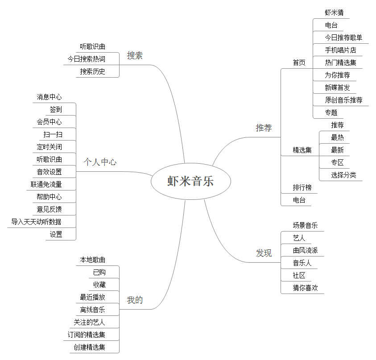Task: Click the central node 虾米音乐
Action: [190, 181]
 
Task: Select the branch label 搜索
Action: [135, 56]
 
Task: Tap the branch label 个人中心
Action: [100, 162]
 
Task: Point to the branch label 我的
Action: [135, 300]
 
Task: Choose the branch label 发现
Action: [264, 253]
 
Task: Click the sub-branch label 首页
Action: [299, 62]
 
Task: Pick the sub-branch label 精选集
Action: [302, 150]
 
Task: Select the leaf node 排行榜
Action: [302, 187]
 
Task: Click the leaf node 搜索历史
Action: [93, 71]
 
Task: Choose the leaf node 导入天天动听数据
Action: [36, 222]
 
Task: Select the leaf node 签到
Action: [56, 109]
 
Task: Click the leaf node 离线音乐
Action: [93, 310]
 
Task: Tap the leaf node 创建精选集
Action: [90, 347]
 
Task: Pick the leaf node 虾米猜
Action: [334, 12]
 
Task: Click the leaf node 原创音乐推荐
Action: [343, 100]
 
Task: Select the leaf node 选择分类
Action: [343, 175]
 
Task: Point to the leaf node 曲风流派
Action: [306, 251]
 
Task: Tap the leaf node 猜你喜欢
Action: [306, 288]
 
